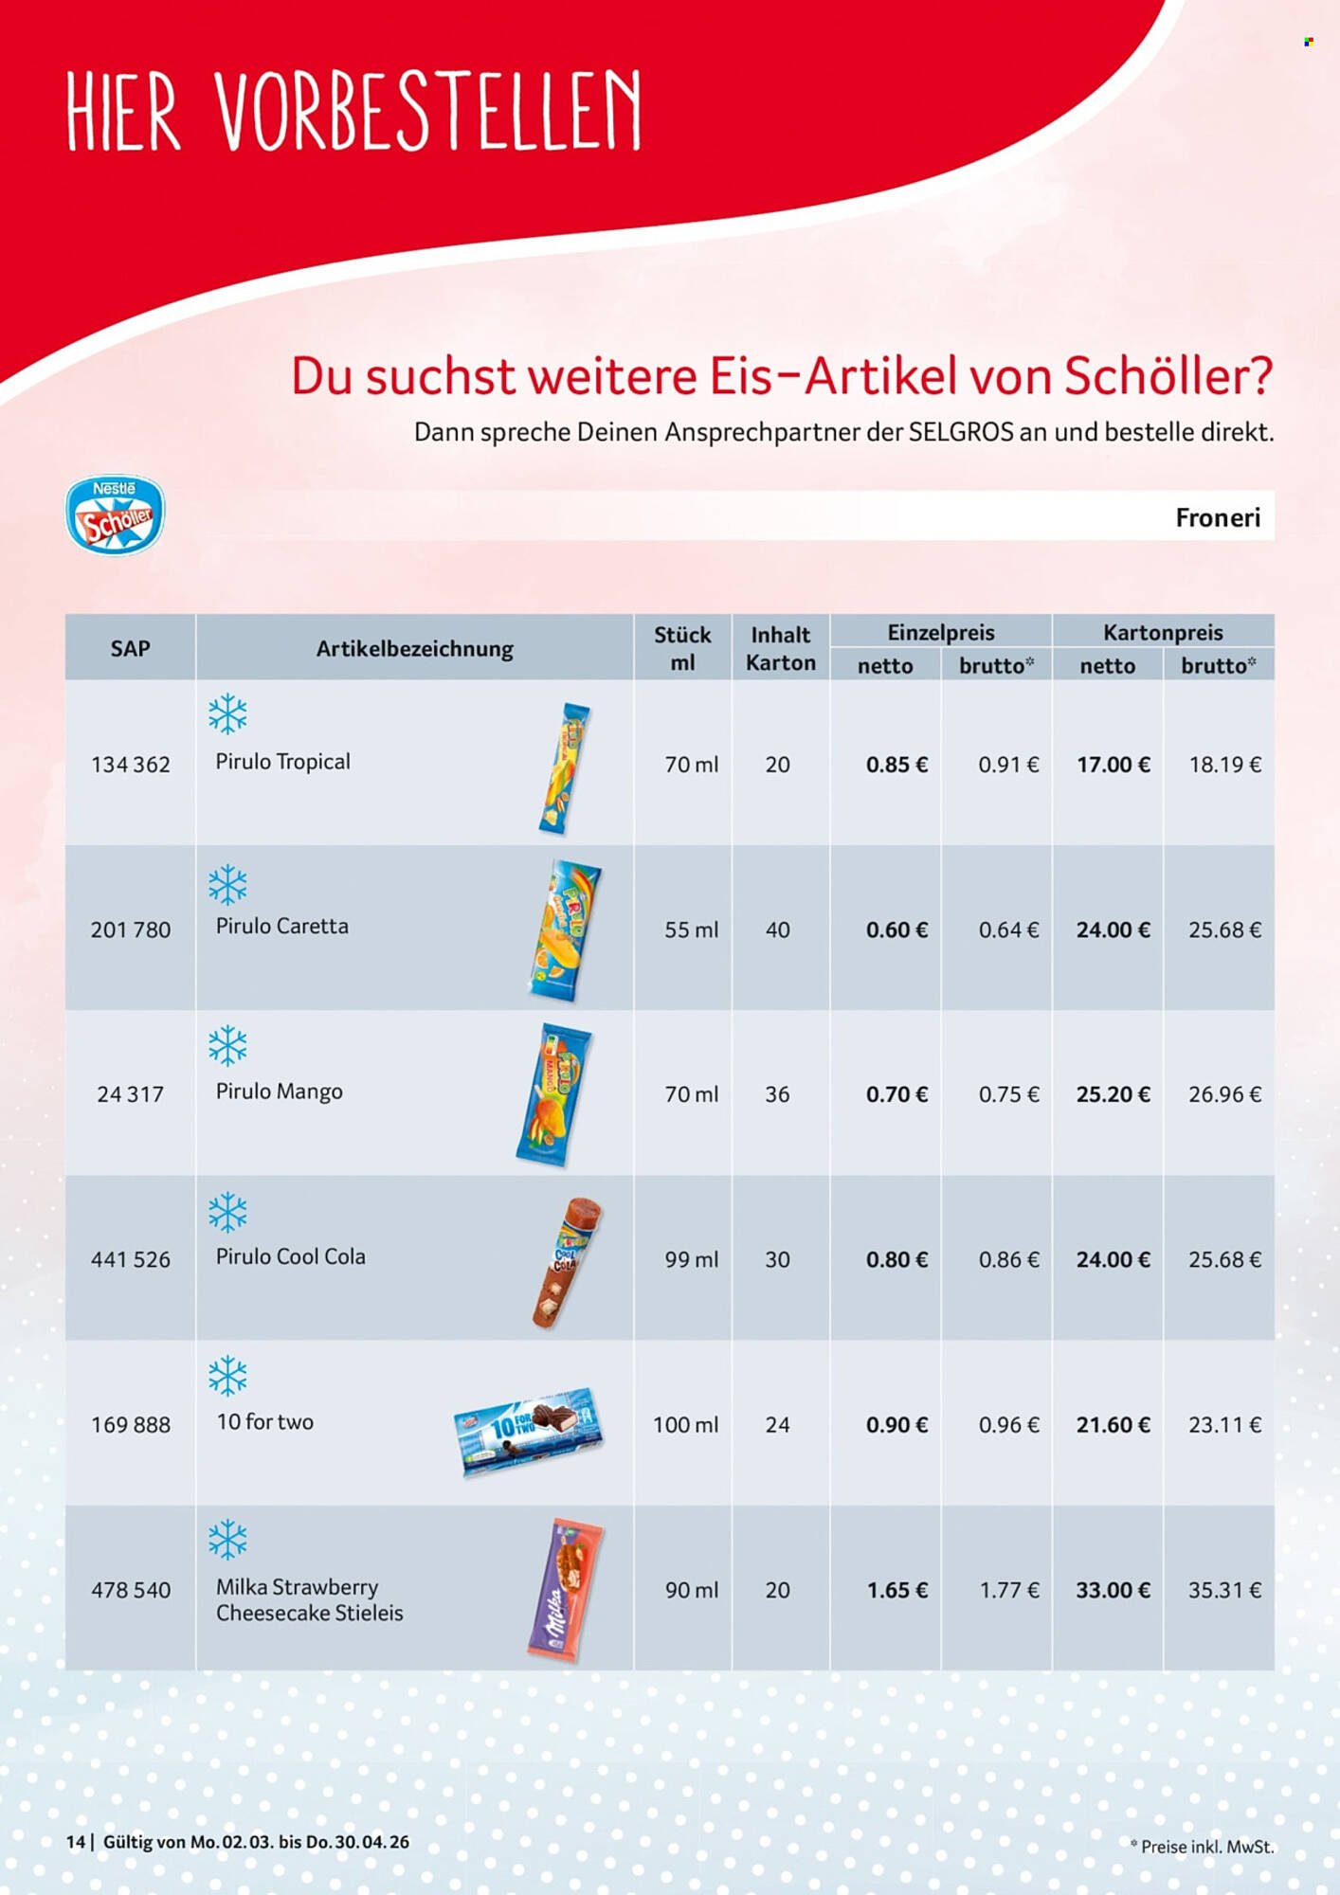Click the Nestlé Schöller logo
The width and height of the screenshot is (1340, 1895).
click(x=115, y=515)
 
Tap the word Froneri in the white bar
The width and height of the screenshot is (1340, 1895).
click(x=1217, y=517)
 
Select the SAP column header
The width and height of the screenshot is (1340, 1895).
click(x=130, y=648)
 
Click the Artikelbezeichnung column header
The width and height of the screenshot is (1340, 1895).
click(x=414, y=649)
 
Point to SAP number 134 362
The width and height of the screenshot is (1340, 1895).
click(x=131, y=765)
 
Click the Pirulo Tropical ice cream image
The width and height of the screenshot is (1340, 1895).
click(x=566, y=768)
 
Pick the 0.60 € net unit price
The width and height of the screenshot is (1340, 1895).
click(x=896, y=929)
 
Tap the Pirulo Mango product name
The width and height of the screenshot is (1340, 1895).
click(x=279, y=1092)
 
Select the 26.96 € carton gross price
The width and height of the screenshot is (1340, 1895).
click(x=1223, y=1094)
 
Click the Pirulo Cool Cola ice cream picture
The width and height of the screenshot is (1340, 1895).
click(x=567, y=1261)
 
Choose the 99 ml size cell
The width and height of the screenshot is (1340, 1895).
click(x=691, y=1259)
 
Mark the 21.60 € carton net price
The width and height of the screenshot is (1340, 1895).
click(x=1113, y=1424)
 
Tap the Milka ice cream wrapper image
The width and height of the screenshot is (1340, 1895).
click(x=566, y=1590)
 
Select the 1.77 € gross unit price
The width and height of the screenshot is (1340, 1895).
click(x=1008, y=1590)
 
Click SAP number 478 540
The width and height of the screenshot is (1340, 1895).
click(x=131, y=1590)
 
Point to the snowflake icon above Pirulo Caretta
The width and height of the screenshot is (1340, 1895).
click(x=227, y=885)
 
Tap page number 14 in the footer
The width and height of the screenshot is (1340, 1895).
click(x=75, y=1842)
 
